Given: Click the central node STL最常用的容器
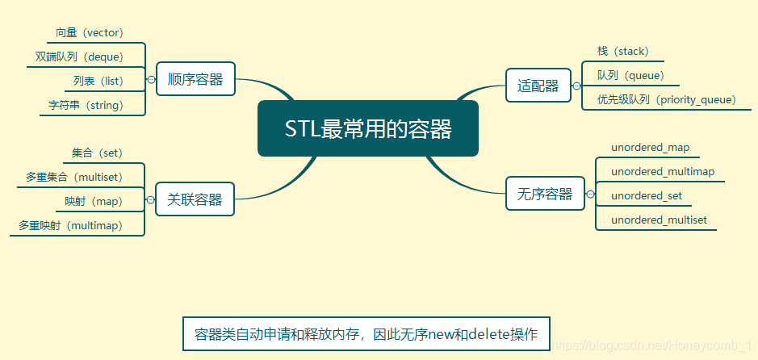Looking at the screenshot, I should click(x=368, y=128).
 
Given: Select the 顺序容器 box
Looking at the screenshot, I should click(x=195, y=79).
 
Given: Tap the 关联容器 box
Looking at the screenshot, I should click(x=195, y=199).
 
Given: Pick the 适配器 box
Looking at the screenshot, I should click(x=538, y=85).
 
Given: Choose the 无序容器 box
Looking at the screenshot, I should click(x=545, y=193).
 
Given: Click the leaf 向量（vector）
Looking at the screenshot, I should click(x=90, y=33).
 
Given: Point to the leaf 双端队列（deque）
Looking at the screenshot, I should click(x=79, y=57).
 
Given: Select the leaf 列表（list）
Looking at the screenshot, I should click(x=93, y=81).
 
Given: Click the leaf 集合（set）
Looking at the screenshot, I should click(x=97, y=153).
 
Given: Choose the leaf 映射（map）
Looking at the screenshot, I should click(x=93, y=201).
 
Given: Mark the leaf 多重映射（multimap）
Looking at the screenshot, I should click(x=71, y=225).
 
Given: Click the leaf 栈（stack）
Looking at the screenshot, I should click(x=622, y=52).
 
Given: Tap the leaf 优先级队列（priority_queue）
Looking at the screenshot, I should click(x=667, y=99).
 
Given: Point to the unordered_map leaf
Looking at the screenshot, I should click(x=650, y=148).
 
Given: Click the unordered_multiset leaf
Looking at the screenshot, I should click(x=659, y=220).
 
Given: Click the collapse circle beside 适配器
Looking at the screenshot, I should click(x=576, y=85).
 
